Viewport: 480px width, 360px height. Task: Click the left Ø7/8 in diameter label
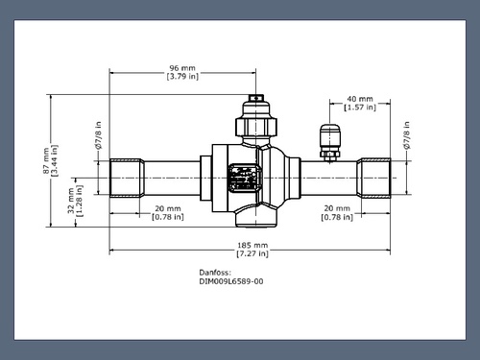pyautogui.click(x=98, y=135)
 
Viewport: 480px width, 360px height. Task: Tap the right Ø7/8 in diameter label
pyautogui.click(x=407, y=135)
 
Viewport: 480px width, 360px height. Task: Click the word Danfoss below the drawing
pyautogui.click(x=215, y=273)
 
